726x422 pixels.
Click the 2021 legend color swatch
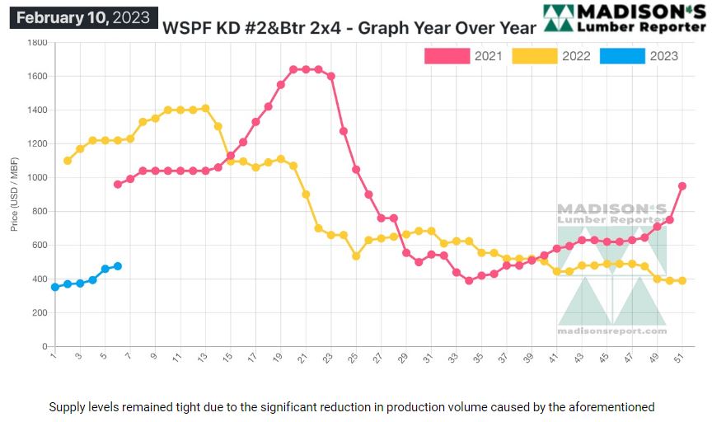[446, 56]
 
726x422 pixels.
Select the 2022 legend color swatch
[533, 56]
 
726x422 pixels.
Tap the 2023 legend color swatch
[621, 56]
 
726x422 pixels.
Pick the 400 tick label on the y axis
[40, 279]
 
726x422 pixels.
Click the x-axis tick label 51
[681, 358]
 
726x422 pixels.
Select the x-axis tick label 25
[354, 358]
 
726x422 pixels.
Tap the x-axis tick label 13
[203, 358]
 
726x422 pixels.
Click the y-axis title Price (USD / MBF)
[14, 195]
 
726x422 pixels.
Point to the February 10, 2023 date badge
[83, 17]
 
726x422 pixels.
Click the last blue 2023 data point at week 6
[118, 266]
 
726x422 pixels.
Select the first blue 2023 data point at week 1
[54, 287]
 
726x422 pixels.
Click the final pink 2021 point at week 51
[682, 186]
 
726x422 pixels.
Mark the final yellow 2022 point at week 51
[682, 281]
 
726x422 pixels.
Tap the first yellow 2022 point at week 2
[68, 161]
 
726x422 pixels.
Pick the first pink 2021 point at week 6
[118, 185]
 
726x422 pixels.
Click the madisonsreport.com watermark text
[611, 331]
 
